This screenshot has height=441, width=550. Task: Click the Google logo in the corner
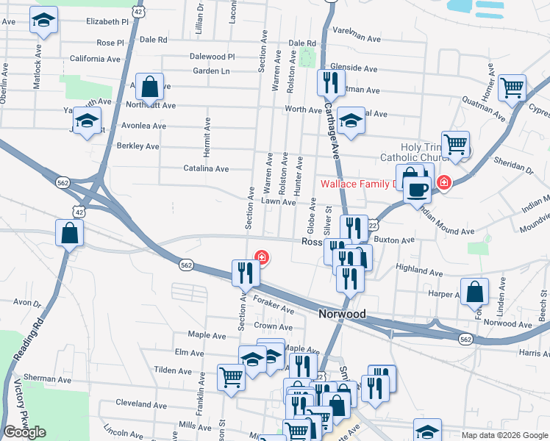point(24,432)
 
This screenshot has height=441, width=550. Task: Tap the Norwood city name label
point(342,314)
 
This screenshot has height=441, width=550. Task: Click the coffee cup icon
point(418,189)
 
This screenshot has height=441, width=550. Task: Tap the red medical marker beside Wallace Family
point(443,182)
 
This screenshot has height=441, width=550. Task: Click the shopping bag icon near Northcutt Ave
point(149,87)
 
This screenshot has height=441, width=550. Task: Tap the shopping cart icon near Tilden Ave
point(232,378)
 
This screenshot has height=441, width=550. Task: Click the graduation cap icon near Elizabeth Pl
point(43,21)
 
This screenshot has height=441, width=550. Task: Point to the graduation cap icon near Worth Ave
point(351,121)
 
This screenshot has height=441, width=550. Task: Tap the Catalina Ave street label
point(206,168)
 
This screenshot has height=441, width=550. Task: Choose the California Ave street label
point(95,59)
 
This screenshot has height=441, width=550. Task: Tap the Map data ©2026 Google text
point(504,435)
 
